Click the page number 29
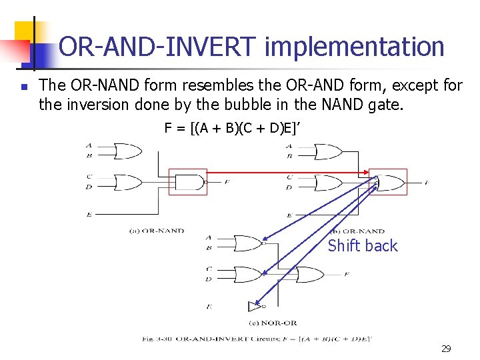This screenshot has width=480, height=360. (x=446, y=348)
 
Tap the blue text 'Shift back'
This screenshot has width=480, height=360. (x=363, y=246)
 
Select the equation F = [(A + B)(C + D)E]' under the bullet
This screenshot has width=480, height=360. (x=234, y=128)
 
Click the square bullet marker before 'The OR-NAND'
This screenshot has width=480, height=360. (x=23, y=87)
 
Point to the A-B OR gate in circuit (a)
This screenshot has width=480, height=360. (x=127, y=150)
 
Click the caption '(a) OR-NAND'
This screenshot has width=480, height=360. (x=156, y=231)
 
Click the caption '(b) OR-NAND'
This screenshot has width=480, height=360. (x=362, y=231)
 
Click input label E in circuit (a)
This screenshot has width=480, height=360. (x=89, y=214)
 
